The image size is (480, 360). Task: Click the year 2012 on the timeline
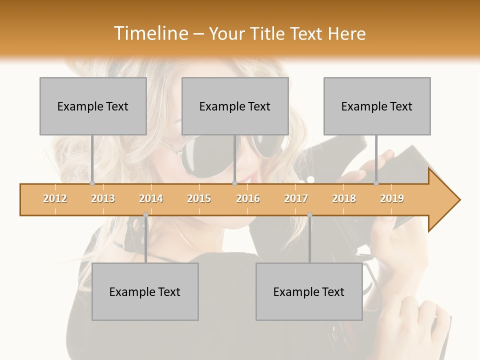click(55, 199)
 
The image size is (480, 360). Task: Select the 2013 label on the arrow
click(103, 199)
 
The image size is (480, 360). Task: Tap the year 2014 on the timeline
click(151, 199)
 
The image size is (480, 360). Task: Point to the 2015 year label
click(199, 199)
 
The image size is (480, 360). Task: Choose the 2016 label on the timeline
click(248, 199)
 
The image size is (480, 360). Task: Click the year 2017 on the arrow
click(296, 199)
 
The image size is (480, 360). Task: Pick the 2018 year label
click(344, 199)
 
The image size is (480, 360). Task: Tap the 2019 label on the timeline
click(392, 199)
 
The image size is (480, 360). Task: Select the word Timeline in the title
click(149, 33)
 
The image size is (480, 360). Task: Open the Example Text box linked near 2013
click(93, 106)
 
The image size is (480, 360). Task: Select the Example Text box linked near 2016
click(235, 106)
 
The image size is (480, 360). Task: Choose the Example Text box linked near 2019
click(377, 106)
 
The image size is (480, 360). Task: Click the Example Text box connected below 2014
click(145, 291)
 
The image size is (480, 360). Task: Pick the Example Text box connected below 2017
click(309, 291)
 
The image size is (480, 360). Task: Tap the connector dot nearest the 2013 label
click(92, 183)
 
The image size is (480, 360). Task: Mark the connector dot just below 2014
click(145, 215)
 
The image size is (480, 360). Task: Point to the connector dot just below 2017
click(309, 215)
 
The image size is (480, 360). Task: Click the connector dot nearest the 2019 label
click(376, 183)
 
